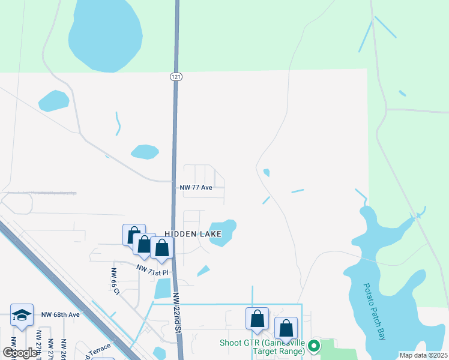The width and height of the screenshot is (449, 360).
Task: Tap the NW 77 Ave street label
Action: [196, 187]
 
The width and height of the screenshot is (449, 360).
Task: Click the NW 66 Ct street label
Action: [115, 281]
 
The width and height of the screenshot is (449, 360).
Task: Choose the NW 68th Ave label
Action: [60, 314]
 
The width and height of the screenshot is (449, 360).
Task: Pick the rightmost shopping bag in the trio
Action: [161, 248]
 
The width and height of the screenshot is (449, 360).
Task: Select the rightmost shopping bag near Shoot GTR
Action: [286, 328]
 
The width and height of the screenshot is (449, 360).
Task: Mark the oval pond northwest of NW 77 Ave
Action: [145, 152]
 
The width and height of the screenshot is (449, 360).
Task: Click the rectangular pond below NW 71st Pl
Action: [162, 289]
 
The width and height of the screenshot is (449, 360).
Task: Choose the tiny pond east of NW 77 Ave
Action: [266, 173]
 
